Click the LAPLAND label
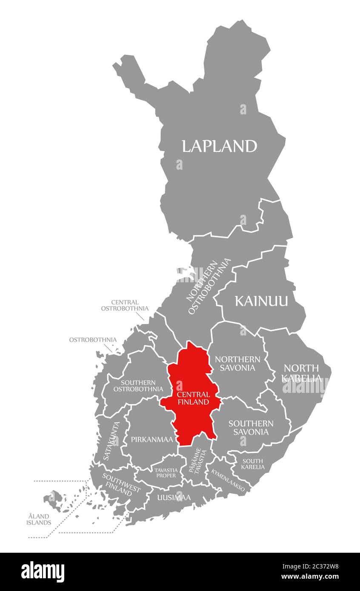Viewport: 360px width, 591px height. [219, 146]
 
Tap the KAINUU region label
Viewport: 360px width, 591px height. [261, 301]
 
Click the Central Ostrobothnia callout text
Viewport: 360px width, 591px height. [125, 305]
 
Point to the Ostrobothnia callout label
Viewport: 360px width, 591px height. [93, 340]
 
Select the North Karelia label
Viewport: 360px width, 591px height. [302, 372]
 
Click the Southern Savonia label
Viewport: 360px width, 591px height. [251, 427]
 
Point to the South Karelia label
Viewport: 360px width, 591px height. [252, 464]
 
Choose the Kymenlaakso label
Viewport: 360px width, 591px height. [228, 480]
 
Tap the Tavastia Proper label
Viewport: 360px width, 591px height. [165, 472]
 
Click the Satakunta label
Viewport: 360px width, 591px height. [112, 440]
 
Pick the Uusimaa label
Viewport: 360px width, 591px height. [174, 497]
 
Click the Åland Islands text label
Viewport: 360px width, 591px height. [39, 519]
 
